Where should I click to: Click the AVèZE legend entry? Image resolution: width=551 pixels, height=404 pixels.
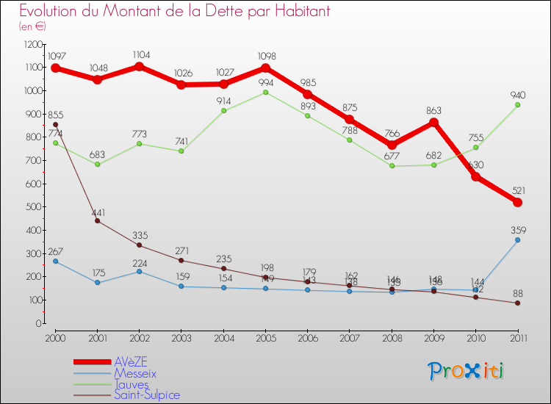pos(132,362)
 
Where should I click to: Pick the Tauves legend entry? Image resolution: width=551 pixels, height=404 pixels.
pos(132,384)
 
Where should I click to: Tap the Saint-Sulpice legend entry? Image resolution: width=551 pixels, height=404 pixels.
pos(146,394)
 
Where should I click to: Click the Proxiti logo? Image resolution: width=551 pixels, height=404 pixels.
pos(467,371)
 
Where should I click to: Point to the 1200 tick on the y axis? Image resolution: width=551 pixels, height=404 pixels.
pos(33,44)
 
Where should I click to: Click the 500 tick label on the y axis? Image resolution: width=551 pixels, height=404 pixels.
pos(33,207)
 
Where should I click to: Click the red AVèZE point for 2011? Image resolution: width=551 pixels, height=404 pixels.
pos(517,202)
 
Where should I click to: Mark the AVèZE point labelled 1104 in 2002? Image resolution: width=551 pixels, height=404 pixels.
pos(139,66)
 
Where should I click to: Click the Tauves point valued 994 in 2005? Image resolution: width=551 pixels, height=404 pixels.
pos(265,92)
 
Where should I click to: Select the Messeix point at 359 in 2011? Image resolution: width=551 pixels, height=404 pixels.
pos(517,239)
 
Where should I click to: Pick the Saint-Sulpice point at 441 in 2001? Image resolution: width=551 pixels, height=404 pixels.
pos(97,220)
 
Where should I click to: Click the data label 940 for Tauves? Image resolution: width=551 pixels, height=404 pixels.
pos(517,95)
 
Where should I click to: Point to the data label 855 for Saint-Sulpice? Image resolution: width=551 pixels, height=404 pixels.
pos(56,115)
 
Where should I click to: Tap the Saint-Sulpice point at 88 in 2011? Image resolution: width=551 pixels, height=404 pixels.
pos(517,303)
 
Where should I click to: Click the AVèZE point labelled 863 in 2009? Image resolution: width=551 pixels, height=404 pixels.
pos(433,122)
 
